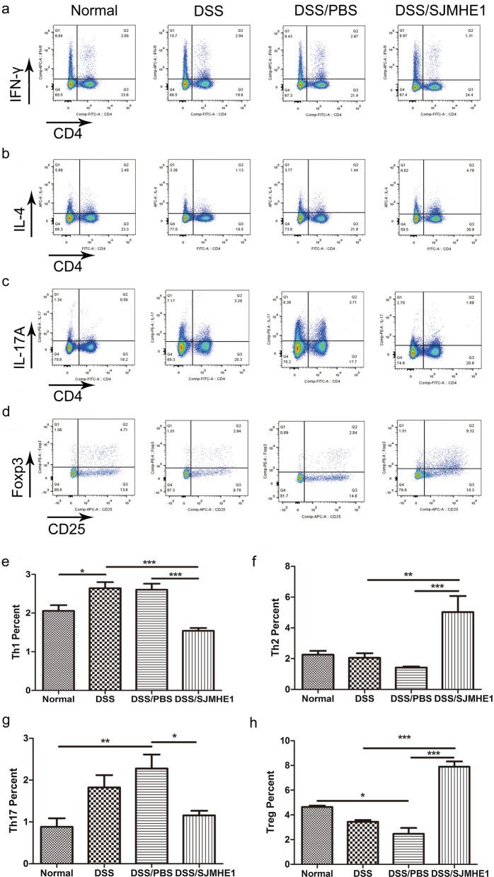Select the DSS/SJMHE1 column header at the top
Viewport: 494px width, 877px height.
tap(434, 11)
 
